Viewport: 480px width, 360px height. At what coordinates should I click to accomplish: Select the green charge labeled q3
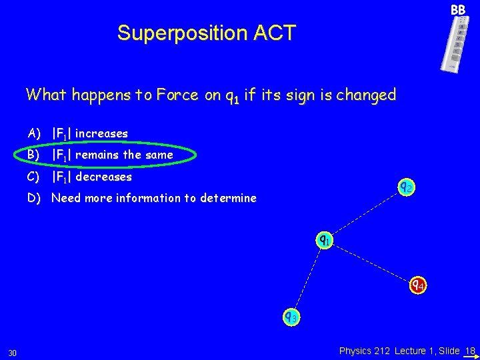pyautogui.click(x=291, y=317)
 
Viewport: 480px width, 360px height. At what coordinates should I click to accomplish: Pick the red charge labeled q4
pyautogui.click(x=417, y=285)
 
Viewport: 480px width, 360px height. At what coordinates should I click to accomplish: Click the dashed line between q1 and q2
pyautogui.click(x=365, y=213)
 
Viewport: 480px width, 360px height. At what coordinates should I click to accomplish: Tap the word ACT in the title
pyautogui.click(x=273, y=33)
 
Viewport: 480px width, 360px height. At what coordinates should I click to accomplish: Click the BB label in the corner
pyautogui.click(x=457, y=10)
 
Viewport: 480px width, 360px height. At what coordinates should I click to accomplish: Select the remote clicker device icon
pyautogui.click(x=455, y=43)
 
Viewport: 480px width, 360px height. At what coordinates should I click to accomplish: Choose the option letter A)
pyautogui.click(x=35, y=133)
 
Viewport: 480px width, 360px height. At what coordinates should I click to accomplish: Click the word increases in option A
pyautogui.click(x=101, y=133)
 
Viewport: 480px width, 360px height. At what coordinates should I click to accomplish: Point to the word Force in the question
pyautogui.click(x=177, y=95)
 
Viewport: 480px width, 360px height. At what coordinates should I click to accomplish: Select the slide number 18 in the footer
pyautogui.click(x=470, y=350)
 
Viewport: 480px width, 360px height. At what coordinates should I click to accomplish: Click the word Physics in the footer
pyautogui.click(x=357, y=350)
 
